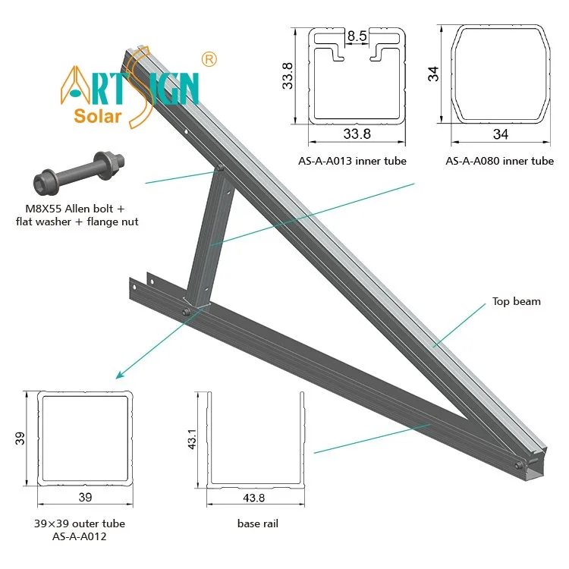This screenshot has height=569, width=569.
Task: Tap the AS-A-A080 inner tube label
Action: pos(499,161)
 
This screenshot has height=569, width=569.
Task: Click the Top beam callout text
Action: pos(515,301)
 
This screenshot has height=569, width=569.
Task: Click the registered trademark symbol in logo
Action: pos(210,58)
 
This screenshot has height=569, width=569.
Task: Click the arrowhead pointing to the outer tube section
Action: pos(118,374)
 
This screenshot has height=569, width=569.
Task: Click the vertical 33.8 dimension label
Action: pos(288,76)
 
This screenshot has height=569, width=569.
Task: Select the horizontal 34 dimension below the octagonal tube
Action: pos(500,135)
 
